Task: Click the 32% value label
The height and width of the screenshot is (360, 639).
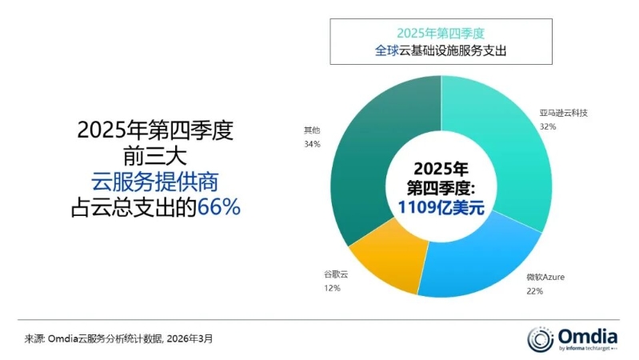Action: coord(548,126)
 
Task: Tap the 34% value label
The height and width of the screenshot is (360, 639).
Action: coord(312,144)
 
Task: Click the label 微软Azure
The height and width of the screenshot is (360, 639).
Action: coord(546,277)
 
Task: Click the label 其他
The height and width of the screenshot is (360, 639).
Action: coord(312,130)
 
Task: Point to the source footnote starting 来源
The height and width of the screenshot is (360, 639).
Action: coord(119,339)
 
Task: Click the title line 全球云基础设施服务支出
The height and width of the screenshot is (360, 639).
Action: coord(442,51)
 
